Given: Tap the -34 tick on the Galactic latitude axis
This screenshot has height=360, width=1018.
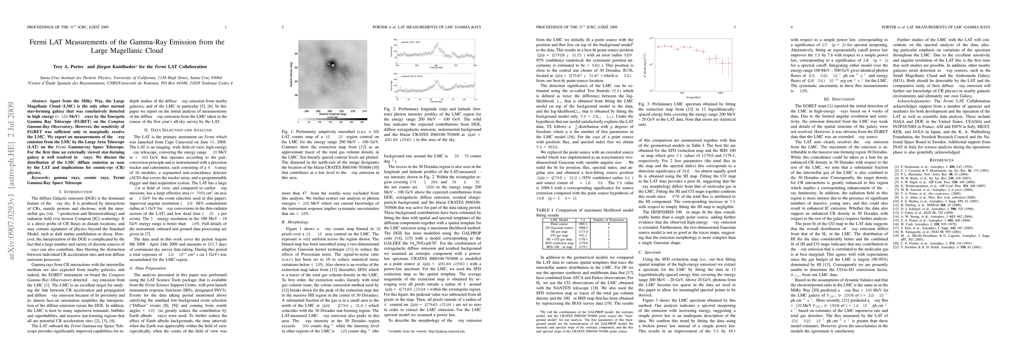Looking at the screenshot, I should pyautogui.click(x=296, y=81).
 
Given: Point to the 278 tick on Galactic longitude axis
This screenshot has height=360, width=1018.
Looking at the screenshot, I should pyautogui.click(x=342, y=111).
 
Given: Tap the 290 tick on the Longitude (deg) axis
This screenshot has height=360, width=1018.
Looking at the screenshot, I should pyautogui.click(x=417, y=66).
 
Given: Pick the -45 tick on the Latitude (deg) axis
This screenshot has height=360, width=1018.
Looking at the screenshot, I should pyautogui.click(x=409, y=100).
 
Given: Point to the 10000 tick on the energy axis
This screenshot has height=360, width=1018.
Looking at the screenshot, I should pyautogui.click(x=720, y=93).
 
